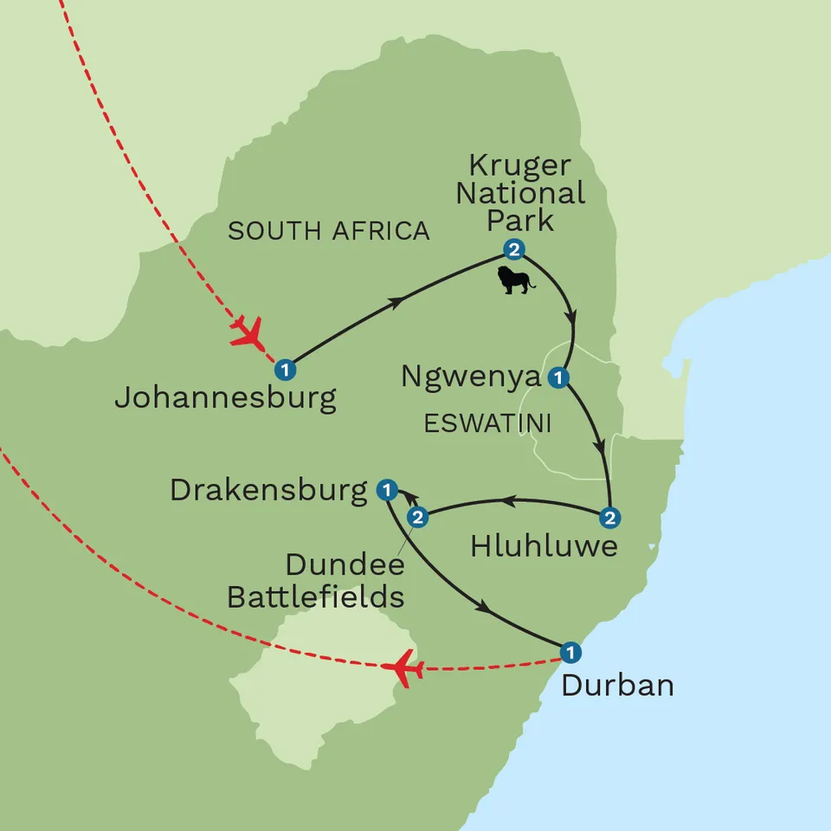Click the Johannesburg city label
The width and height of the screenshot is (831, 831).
click(225, 398)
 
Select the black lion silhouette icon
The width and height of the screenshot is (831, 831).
click(516, 279)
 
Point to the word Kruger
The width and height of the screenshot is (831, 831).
click(519, 166)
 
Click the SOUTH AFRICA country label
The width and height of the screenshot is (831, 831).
click(328, 231)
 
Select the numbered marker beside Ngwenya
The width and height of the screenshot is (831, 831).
click(559, 377)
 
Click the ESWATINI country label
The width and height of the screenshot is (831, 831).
click(489, 423)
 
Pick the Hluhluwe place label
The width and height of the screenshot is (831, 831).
click(544, 546)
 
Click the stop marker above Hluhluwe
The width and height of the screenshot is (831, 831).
click(610, 518)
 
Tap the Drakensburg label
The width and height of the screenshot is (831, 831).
click(269, 491)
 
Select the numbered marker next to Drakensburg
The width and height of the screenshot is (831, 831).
click(387, 491)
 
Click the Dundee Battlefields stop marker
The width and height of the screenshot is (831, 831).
click(418, 518)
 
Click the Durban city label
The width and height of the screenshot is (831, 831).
click(617, 686)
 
